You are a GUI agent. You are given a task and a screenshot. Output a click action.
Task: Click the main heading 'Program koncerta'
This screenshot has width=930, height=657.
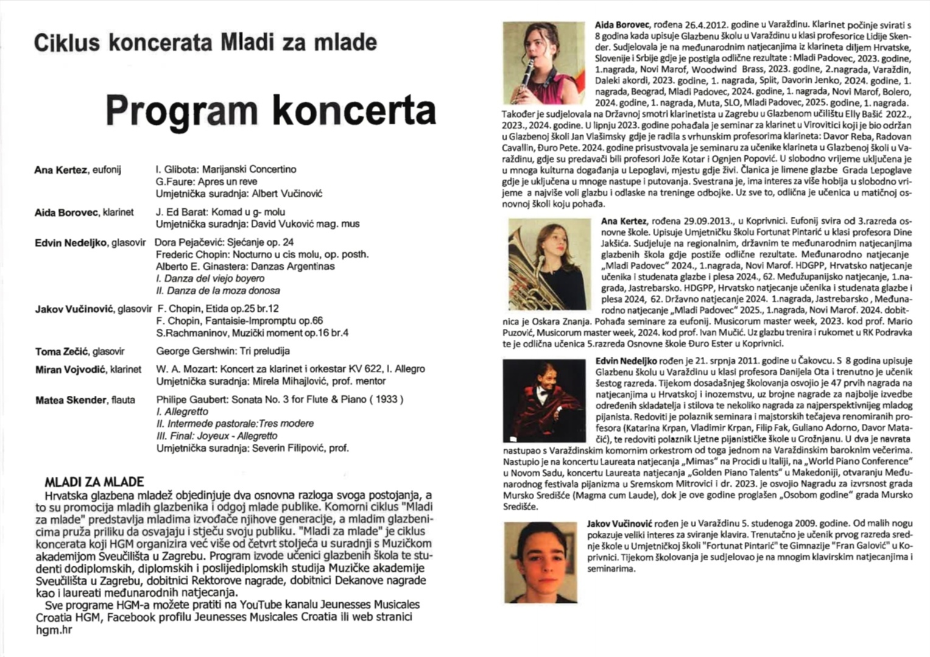270,110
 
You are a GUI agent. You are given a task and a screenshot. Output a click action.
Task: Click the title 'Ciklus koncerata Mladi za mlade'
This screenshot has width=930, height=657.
205,43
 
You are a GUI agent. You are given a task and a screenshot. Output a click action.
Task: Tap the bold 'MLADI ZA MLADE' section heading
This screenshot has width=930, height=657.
94,482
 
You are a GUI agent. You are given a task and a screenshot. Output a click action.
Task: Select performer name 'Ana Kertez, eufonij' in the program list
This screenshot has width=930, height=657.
77,170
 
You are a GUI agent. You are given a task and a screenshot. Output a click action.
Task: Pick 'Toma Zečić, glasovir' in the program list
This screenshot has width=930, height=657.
80,351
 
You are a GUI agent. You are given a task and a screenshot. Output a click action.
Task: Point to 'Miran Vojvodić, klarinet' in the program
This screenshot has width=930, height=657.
88,370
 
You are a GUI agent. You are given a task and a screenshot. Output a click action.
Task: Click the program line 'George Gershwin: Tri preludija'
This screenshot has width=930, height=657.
222,351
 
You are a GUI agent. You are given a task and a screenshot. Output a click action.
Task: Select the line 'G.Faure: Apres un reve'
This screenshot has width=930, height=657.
206,181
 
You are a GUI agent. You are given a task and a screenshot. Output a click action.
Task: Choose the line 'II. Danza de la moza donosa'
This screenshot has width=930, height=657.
218,290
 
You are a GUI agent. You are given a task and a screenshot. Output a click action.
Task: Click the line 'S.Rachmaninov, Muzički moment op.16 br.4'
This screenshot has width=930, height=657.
252,333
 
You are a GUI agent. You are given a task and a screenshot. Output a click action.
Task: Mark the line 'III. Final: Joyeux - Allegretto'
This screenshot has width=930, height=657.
217,436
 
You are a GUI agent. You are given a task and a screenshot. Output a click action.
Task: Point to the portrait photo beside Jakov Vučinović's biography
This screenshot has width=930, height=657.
541,561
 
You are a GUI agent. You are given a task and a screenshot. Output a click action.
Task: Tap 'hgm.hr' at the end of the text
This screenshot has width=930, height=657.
54,630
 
